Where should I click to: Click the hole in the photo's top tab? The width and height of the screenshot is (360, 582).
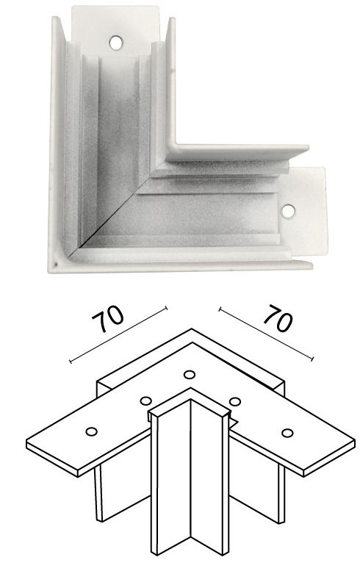(116, 43)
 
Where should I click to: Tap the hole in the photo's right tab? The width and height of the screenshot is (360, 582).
(288, 211)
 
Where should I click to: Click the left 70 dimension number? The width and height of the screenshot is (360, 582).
(108, 319)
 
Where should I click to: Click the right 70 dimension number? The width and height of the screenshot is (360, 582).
(278, 317)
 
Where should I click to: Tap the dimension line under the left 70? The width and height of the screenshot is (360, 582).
(119, 334)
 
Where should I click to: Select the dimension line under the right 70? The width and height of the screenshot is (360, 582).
(266, 334)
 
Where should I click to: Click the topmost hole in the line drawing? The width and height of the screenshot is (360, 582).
(190, 375)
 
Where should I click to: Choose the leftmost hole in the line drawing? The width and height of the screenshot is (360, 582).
(91, 431)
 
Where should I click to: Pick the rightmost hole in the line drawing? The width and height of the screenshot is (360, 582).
(287, 432)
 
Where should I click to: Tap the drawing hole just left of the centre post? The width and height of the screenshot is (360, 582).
(146, 401)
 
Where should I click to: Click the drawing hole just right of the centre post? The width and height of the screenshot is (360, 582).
(235, 401)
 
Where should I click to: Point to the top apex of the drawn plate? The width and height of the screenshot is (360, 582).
(192, 329)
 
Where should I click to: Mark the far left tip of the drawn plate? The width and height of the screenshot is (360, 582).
(27, 442)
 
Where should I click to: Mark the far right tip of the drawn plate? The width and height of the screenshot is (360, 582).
(354, 442)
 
